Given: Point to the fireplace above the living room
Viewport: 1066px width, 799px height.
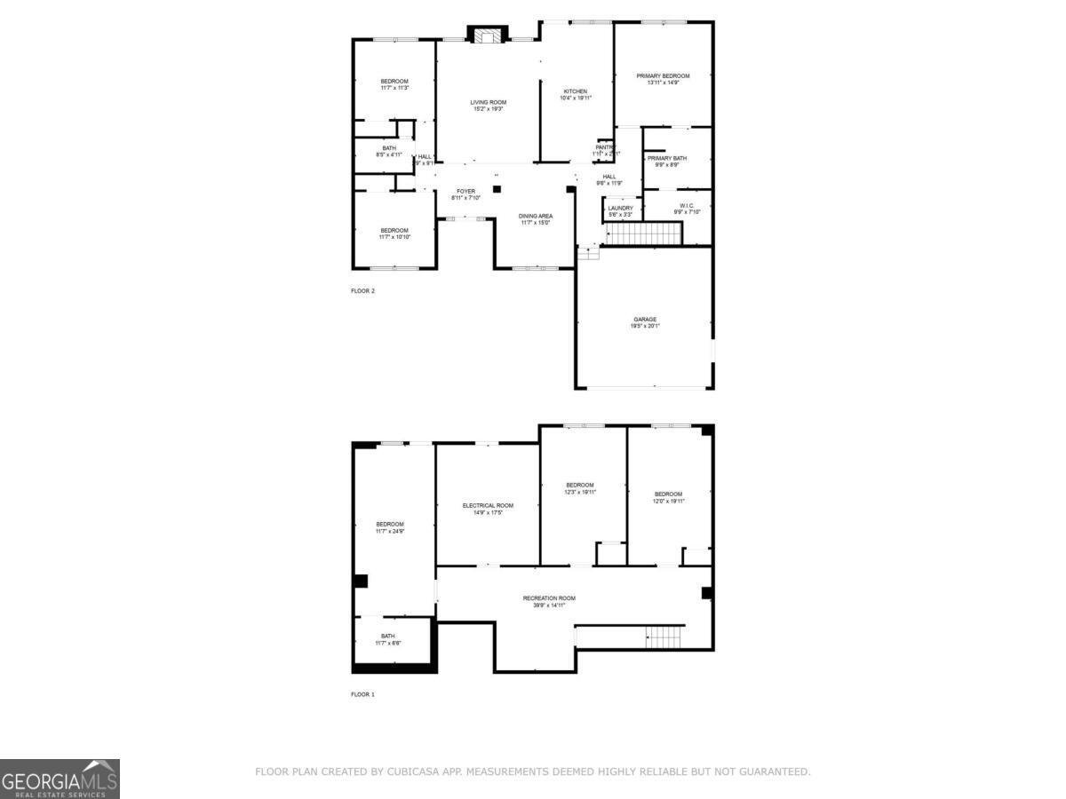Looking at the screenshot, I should tap(487, 36).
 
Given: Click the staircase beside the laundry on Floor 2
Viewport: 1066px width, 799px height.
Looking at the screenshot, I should tap(642, 234).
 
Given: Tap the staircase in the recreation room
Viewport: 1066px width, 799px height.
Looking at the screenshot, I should tap(664, 637).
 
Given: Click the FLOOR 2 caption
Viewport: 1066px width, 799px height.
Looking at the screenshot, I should tap(362, 290).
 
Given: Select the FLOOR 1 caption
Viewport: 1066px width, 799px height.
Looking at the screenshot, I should tap(362, 694).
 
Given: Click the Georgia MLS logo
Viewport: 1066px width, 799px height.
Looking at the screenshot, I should tap(60, 779).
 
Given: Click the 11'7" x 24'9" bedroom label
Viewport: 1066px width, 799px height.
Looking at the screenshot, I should tap(390, 527).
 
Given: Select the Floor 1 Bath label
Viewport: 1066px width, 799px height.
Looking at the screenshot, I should tap(388, 639).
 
